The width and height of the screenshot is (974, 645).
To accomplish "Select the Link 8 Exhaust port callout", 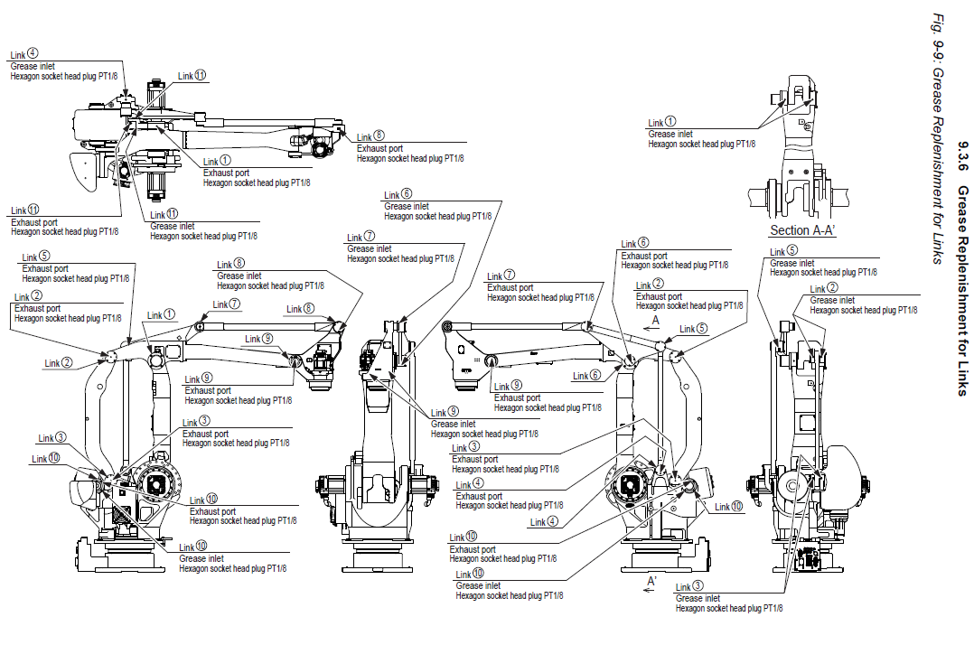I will tap(410, 148).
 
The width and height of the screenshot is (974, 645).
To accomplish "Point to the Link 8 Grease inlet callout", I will tap(270, 276).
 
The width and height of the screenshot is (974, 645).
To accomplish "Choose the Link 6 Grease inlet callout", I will tap(437, 206).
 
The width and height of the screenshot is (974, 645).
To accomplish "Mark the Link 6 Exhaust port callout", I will tap(674, 256).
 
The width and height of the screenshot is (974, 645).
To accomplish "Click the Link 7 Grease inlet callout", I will tap(400, 248).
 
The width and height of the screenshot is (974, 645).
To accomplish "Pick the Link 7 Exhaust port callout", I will tap(540, 287).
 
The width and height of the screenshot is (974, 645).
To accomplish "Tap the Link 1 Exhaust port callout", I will tap(257, 173).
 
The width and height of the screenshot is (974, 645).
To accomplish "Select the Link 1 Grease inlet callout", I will tap(702, 134).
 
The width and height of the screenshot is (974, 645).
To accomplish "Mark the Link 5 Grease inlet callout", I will tap(823, 263).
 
